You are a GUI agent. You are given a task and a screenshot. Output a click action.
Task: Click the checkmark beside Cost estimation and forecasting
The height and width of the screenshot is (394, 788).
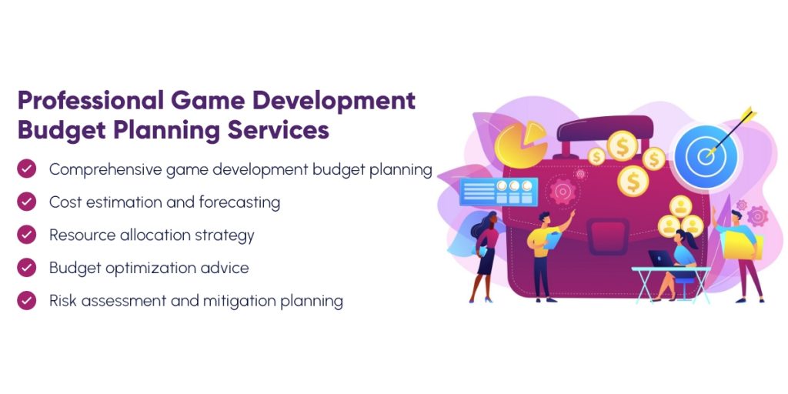[27, 202]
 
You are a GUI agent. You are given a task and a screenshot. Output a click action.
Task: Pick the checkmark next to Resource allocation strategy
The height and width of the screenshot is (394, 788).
[27, 235]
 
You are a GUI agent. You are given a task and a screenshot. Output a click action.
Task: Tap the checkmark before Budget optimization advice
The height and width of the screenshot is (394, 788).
[27, 268]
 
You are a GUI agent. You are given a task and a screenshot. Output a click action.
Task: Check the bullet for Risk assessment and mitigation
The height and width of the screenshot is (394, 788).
[27, 300]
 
